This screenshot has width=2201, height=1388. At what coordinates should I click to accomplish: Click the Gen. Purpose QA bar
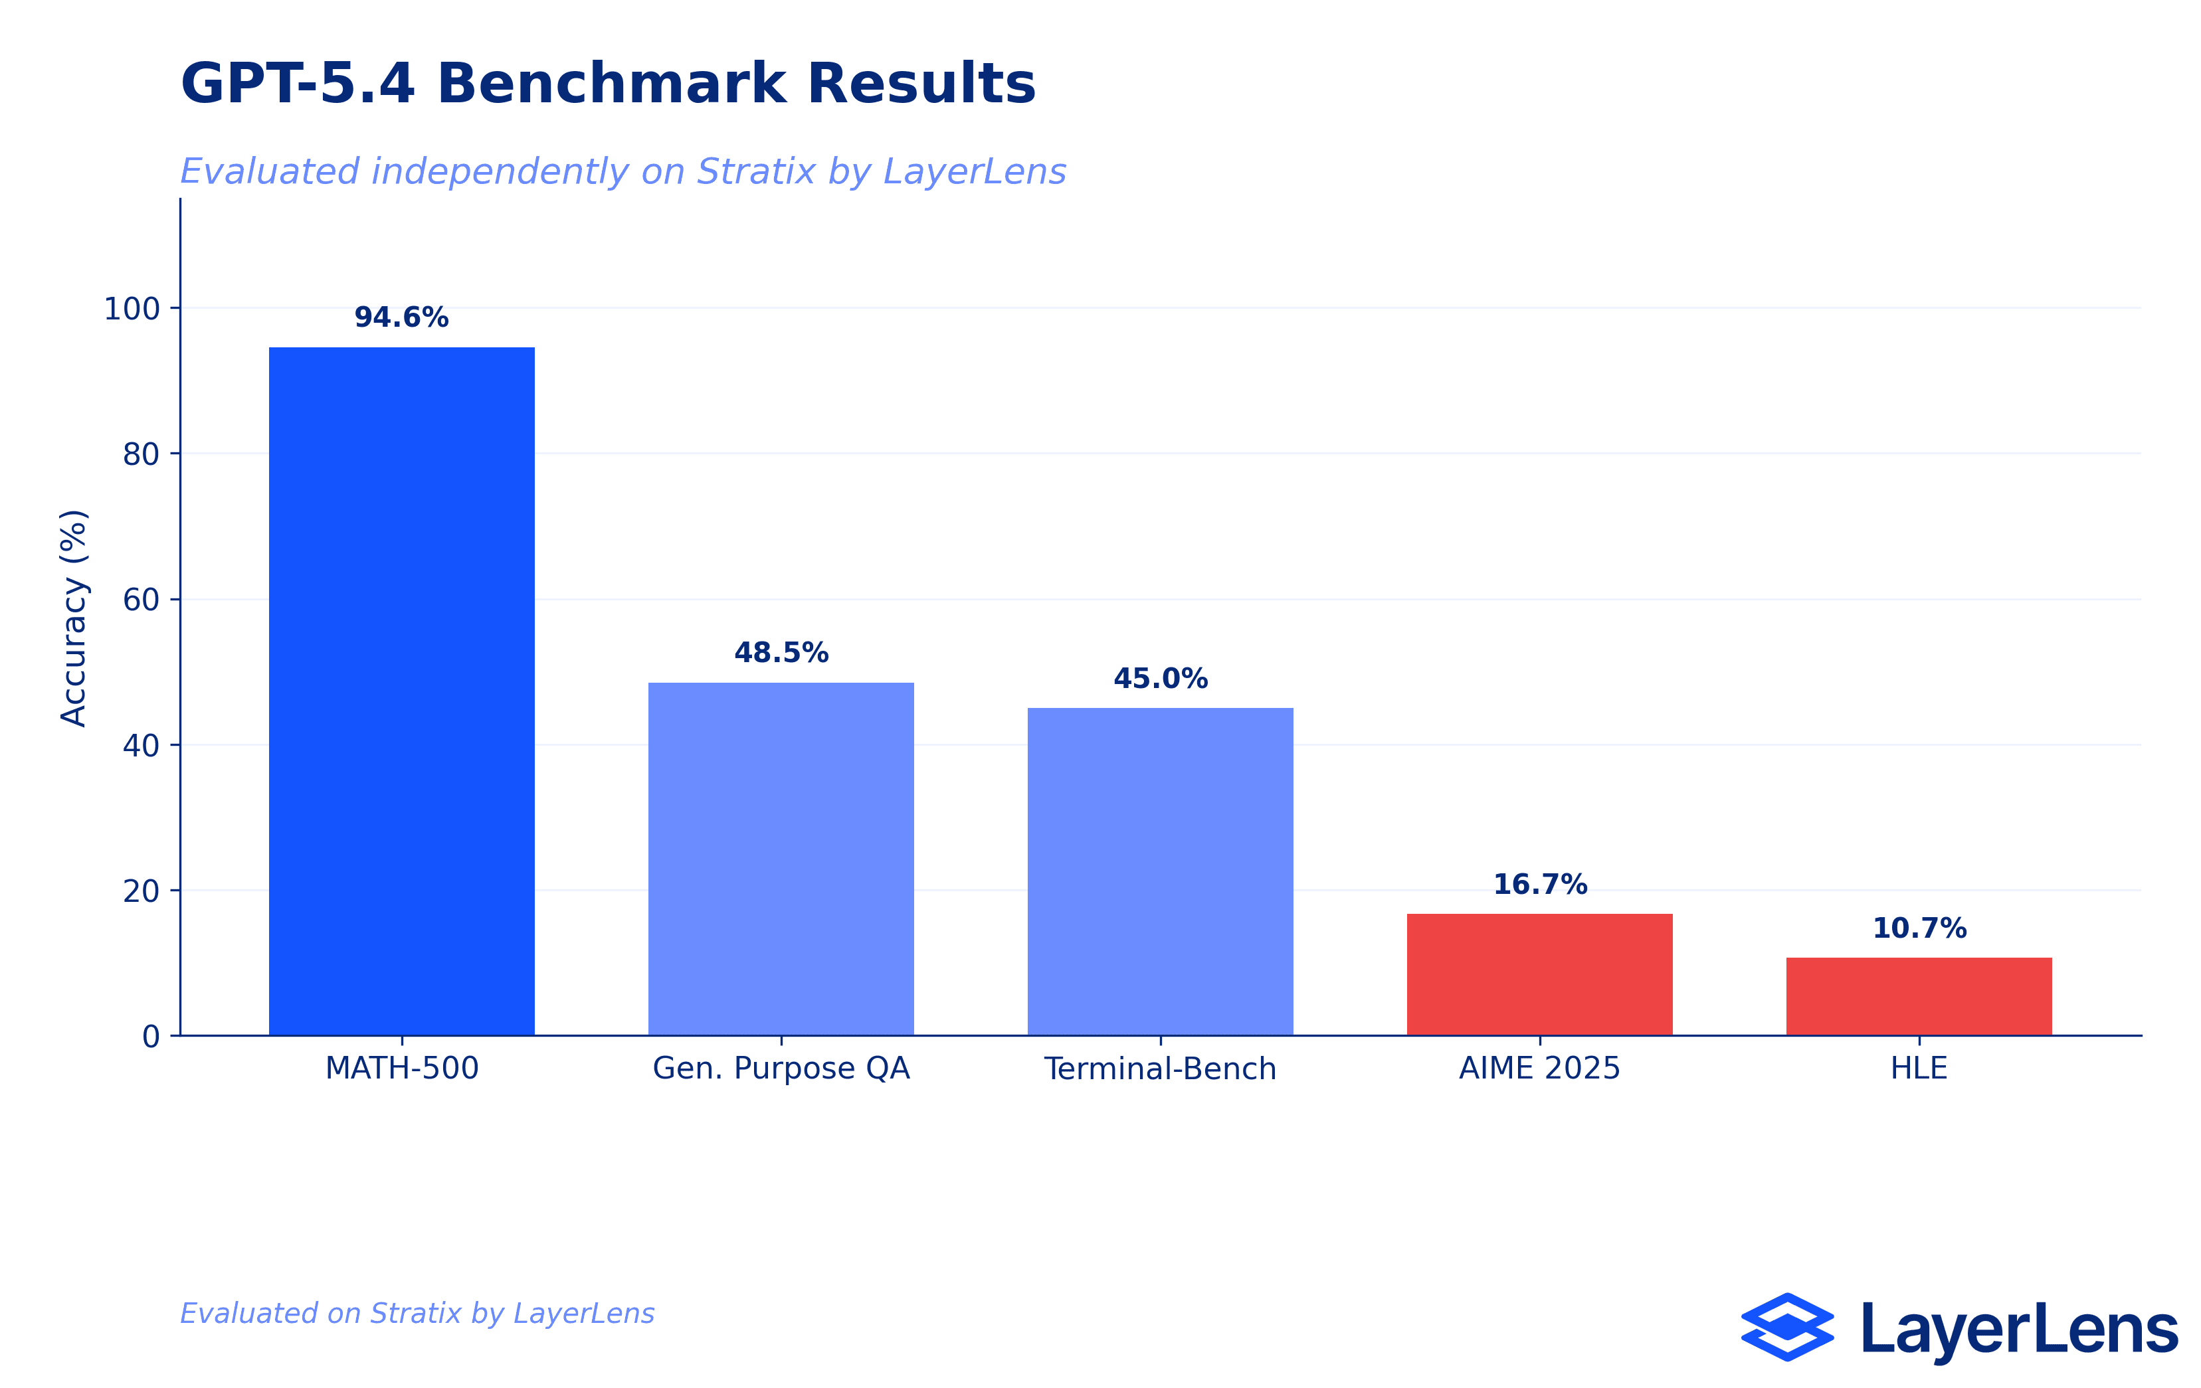(x=781, y=858)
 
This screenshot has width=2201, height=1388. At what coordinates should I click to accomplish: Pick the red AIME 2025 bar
(x=1539, y=974)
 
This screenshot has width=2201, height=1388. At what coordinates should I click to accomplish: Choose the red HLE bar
(x=1919, y=996)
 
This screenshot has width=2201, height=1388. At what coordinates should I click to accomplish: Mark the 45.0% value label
(x=1160, y=678)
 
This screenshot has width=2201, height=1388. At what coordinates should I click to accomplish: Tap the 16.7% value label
(x=1539, y=884)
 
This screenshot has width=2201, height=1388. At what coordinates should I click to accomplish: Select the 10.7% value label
(x=1919, y=928)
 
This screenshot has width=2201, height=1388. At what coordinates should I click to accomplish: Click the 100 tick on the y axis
(x=132, y=309)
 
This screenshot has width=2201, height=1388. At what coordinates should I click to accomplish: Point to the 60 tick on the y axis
(x=141, y=600)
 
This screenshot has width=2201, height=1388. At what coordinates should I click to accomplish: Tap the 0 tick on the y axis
(x=151, y=1036)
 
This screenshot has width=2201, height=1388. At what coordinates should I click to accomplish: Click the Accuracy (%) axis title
(x=73, y=618)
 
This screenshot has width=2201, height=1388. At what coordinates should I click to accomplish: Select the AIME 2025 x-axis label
(x=1539, y=1067)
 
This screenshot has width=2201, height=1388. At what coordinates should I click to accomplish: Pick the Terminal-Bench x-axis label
(x=1160, y=1067)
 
